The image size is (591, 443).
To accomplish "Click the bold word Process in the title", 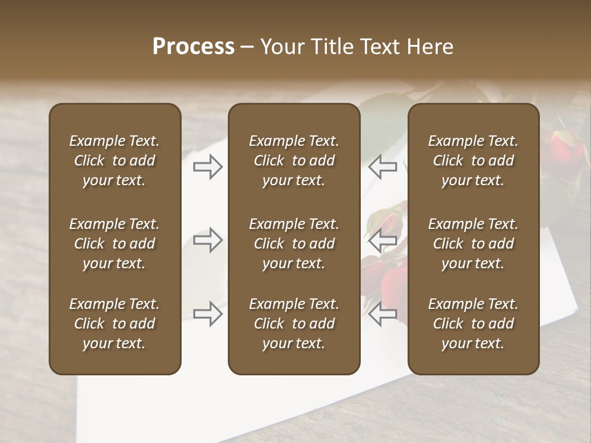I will pos(193,47).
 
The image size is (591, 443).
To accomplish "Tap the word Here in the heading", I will pos(429,47).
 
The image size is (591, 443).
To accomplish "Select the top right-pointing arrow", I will pos(208,167).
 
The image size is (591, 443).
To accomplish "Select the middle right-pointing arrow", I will pos(208,240).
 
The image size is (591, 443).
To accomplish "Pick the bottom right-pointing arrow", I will pos(208,314).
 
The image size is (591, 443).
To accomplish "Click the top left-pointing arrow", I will pos(383,167).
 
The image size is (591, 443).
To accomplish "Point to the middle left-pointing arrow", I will pos(383,240).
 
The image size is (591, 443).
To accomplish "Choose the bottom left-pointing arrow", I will pos(383,314).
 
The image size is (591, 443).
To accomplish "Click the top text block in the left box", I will pos(115,161).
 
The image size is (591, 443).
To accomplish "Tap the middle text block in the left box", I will pos(115,244).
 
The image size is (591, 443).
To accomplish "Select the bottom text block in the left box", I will pos(115,324).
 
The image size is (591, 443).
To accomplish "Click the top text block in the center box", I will pos(294,161).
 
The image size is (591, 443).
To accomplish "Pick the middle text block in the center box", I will pos(294,244).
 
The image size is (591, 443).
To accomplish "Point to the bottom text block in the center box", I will pos(294,324).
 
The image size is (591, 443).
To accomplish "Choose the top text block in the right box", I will pos(473,161).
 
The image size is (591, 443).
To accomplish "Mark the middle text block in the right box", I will pos(473,244).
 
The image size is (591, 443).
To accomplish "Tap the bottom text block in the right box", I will pos(473,324).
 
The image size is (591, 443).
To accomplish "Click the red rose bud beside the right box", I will pos(563,148).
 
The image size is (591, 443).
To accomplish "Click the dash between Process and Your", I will pos(247,47).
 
